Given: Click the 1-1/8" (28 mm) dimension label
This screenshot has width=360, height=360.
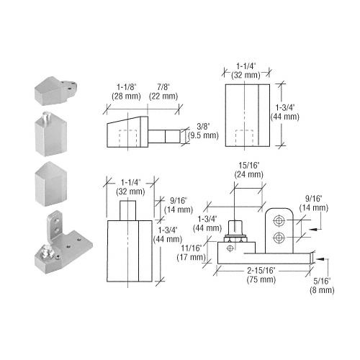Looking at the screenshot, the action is [126, 91].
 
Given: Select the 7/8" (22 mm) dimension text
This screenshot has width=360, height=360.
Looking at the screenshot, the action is [163, 91].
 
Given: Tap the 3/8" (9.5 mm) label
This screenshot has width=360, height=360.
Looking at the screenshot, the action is [203, 131].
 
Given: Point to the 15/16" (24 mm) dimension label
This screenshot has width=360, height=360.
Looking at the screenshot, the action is [249, 170].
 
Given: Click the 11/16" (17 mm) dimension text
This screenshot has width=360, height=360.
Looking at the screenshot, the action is [192, 253].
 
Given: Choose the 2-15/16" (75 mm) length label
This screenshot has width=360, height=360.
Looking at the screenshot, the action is [261, 275].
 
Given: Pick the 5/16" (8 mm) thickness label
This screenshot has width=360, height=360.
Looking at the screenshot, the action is [322, 285].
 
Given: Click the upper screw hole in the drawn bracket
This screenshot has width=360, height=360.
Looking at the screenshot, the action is [279, 220].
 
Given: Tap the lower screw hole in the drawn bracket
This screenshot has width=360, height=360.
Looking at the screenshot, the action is [279, 238].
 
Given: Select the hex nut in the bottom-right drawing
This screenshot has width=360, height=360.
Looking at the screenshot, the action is [235, 239].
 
